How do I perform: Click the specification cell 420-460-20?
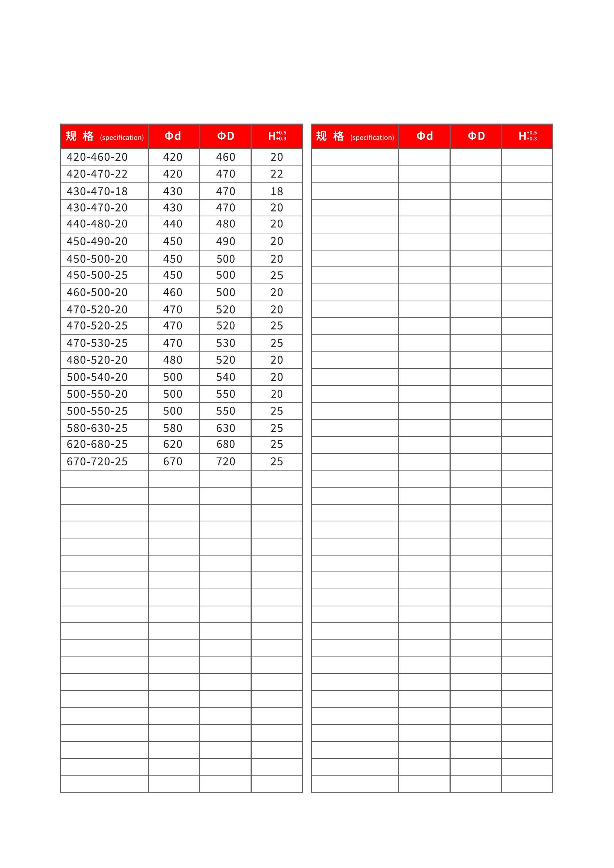(97, 157)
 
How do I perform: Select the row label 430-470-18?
(97, 191)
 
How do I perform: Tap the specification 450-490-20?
(97, 241)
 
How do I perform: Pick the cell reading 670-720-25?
(97, 461)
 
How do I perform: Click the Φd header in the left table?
(173, 136)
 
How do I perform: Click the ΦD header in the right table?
(476, 136)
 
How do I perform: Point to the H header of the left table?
(277, 136)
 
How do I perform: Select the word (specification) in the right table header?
(372, 138)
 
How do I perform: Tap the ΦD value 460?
(226, 157)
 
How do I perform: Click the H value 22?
(277, 174)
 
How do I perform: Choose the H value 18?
(277, 191)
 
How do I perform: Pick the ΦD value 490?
(226, 241)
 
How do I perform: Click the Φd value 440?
(173, 224)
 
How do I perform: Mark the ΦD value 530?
(226, 343)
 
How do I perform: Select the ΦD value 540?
(226, 377)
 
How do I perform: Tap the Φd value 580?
(173, 428)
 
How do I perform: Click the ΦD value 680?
(226, 444)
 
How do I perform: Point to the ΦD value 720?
(226, 461)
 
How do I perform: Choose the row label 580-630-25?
(97, 428)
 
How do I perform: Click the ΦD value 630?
(226, 428)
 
